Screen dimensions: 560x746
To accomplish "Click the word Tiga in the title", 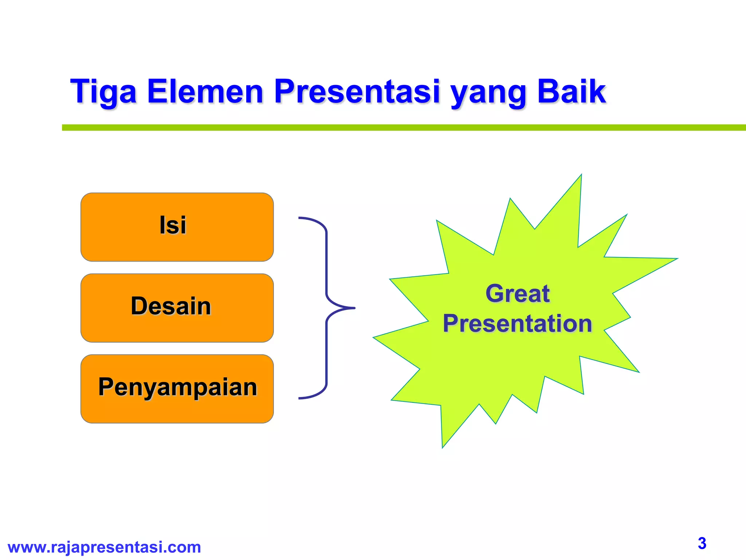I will coord(103,92).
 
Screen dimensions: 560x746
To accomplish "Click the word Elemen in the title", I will coord(205,92).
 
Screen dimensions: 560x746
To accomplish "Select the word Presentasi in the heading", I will coord(357,92).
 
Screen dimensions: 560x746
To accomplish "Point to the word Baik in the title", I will coord(571,92).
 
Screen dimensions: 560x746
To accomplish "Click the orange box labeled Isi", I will coord(177,227).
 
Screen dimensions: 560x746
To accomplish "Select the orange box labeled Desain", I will coord(177,308).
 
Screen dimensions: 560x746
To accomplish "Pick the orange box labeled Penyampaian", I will coord(177,389).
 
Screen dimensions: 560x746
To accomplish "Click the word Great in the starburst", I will coord(517,293).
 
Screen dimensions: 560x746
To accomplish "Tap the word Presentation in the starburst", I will coord(517,324).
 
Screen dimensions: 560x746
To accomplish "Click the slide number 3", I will coord(702,543).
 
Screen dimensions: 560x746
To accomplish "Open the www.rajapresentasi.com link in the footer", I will coord(104,547).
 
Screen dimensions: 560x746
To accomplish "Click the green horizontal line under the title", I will coord(401,128).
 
